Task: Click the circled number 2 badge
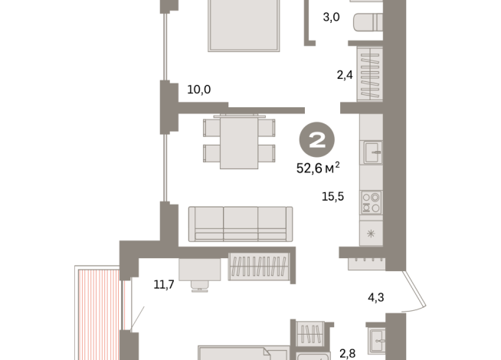pos(316,139)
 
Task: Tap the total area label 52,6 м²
pos(318,168)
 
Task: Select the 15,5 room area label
pos(332,196)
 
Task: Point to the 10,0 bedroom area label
pos(198,90)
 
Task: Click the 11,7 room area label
pos(164,284)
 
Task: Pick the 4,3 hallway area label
pos(375,298)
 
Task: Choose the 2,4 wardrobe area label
pos(345,75)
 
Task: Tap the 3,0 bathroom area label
pos(331,17)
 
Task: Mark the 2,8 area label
pos(347,354)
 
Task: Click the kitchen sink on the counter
pos(372,152)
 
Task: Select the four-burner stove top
pos(371,202)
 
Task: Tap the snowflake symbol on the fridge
pos(371,234)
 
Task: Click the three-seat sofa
pos(241,224)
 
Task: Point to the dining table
pos(239,142)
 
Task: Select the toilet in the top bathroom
pos(368,22)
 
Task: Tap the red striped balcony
pos(99,315)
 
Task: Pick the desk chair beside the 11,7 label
pos(200,286)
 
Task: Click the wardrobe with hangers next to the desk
pos(259,267)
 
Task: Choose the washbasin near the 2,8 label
pos(377,341)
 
